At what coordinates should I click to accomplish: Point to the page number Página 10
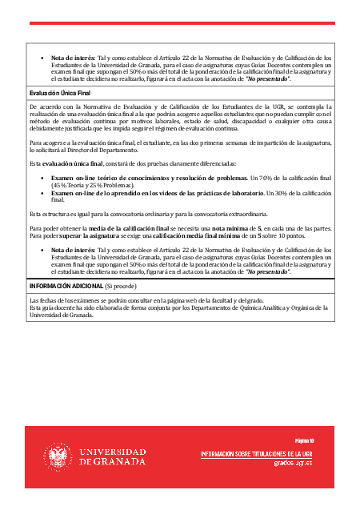tap(304, 440)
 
